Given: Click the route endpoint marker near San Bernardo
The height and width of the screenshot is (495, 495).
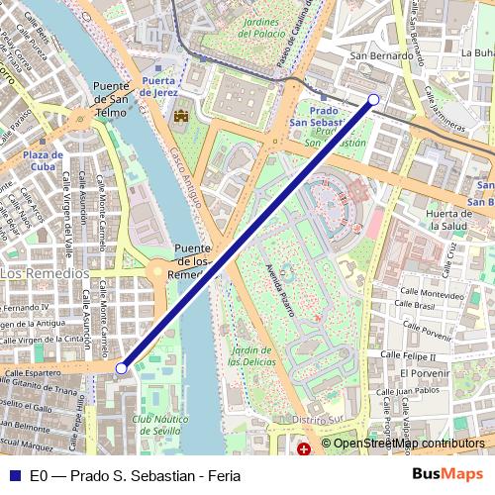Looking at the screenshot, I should coord(373,99).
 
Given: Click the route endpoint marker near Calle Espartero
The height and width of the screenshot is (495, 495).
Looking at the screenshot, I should coord(122,368).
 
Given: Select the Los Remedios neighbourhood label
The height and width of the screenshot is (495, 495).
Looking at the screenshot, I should coord(44,272).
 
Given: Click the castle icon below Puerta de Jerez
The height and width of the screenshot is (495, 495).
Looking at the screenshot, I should coord(180,118).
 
